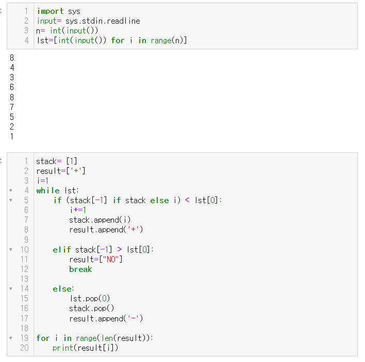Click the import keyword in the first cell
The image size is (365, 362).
(50, 11)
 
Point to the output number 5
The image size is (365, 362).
(12, 117)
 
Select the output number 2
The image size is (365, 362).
(12, 126)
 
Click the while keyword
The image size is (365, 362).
(48, 190)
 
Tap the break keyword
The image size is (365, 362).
(80, 269)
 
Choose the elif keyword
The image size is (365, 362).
(62, 249)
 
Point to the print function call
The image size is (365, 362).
(62, 348)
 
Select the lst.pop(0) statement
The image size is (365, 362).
(90, 298)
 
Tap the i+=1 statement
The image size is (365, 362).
(78, 210)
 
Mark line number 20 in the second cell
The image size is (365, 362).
(24, 348)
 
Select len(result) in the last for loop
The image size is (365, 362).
(122, 338)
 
